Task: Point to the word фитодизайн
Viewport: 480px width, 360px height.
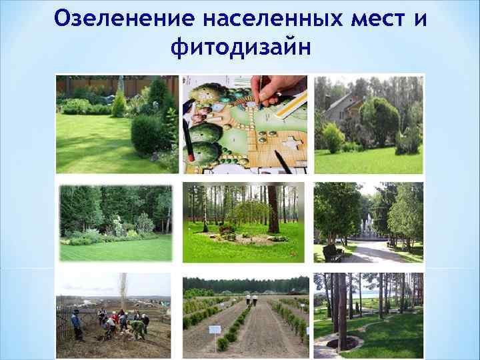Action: tap(240, 47)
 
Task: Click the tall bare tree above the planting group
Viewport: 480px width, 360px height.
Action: tap(123, 287)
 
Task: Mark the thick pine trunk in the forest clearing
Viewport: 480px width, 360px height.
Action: tap(273, 207)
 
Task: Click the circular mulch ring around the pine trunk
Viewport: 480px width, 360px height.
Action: tap(346, 343)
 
